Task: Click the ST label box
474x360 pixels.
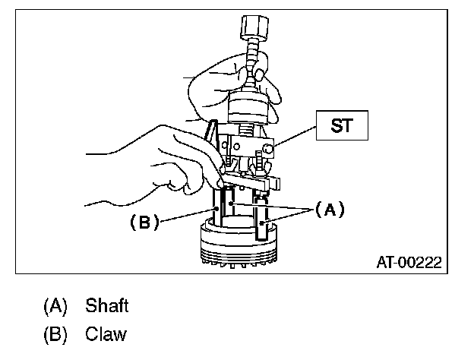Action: coord(342,125)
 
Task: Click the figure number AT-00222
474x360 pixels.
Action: coord(409,263)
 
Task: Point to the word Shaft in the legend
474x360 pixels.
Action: coord(107,306)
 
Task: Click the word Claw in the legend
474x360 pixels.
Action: coord(106,333)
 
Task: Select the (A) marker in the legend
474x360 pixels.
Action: coord(55,306)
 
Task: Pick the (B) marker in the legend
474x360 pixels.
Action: coord(55,333)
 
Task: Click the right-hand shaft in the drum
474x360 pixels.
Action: coord(264,229)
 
